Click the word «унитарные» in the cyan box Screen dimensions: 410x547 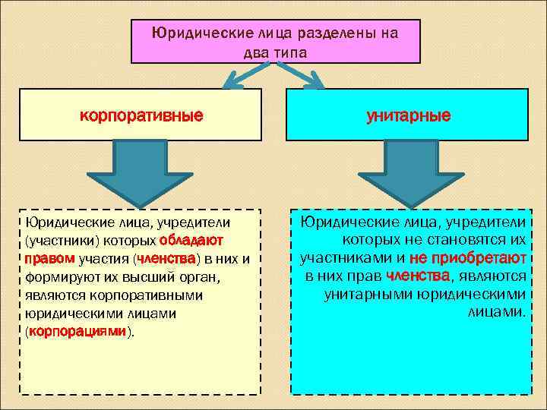coord(407,116)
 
